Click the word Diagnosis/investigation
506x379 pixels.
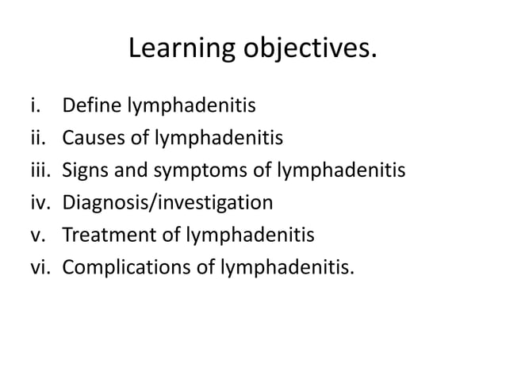[167, 202]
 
